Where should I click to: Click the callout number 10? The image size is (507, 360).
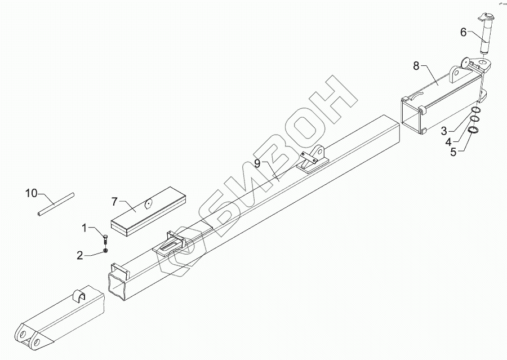[x=31, y=193]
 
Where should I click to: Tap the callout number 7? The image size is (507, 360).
[x=115, y=201]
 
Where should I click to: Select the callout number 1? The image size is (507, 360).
[x=85, y=228]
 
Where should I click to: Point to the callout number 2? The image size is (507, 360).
[x=81, y=255]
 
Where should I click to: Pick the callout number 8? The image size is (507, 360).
[x=416, y=66]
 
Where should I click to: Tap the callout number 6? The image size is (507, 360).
[x=463, y=32]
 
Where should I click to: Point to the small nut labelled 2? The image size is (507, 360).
[x=105, y=250]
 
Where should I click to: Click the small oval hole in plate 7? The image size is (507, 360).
[x=149, y=204]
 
